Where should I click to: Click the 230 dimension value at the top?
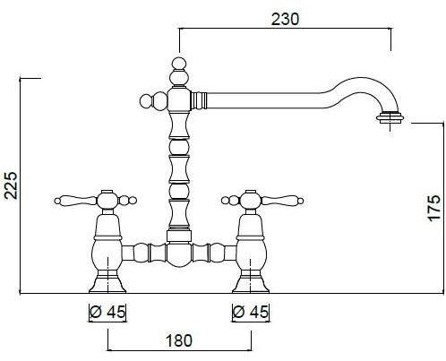coord(285,20)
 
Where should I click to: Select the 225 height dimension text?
coord(12,185)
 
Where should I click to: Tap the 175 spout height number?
coord(434,208)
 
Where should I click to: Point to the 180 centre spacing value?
coord(179,340)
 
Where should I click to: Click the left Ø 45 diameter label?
coord(107,312)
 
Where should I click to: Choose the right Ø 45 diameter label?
coord(251,312)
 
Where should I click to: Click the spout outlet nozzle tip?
coord(390,116)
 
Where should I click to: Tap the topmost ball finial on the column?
coord(179,64)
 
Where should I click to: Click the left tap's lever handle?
coord(75,200)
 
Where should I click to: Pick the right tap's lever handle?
coord(282,200)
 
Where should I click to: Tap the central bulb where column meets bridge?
coord(179,254)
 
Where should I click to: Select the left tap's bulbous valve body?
coord(107,254)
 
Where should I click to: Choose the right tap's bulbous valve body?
coord(251,254)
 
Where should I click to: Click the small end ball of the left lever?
coord(57,201)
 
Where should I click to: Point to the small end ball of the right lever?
coord(300,201)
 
